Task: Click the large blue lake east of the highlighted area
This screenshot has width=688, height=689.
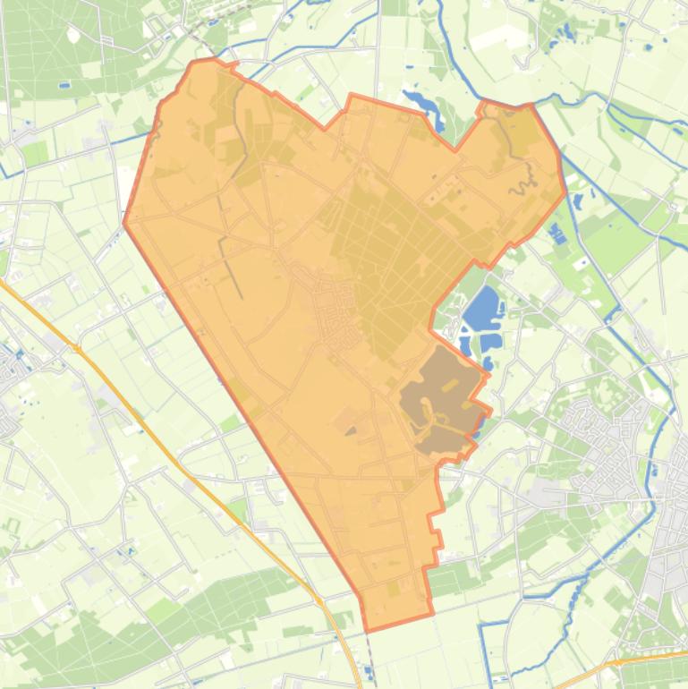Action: [x=481, y=309]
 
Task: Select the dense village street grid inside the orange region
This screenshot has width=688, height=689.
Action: [x=336, y=310]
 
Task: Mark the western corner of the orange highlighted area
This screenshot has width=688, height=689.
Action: [x=123, y=223]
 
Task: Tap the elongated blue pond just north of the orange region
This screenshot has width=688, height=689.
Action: [x=421, y=103]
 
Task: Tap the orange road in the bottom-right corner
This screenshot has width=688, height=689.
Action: [x=644, y=660]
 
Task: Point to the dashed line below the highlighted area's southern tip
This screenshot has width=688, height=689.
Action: [x=371, y=658]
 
